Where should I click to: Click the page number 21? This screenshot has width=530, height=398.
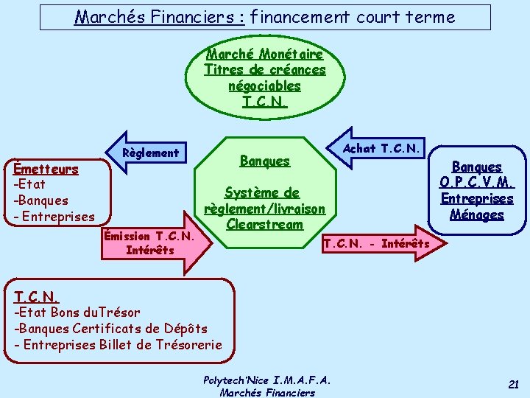tap(514, 383)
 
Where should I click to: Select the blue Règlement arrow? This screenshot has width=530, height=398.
tap(147, 153)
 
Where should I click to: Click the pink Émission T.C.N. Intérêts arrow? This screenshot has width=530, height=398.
tap(155, 243)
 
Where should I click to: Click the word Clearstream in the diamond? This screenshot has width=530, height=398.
tap(265, 224)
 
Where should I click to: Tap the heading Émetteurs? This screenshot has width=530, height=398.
tap(51, 169)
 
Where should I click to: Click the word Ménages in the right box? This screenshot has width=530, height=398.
tap(477, 215)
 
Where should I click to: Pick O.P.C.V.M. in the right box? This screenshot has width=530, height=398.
tap(477, 183)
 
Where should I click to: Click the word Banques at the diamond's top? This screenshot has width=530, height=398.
tap(265, 161)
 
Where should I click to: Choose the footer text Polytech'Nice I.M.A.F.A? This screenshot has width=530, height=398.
tap(266, 380)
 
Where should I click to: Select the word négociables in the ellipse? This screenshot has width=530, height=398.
tap(265, 85)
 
